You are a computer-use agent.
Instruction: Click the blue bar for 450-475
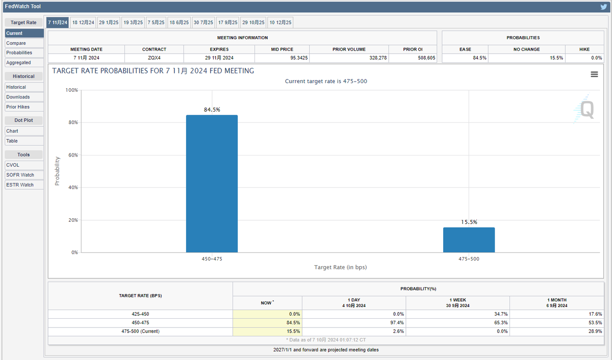coord(212,184)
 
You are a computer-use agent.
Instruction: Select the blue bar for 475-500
coord(469,240)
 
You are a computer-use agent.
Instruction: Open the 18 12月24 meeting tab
coord(83,22)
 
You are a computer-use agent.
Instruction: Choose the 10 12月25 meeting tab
coord(280,22)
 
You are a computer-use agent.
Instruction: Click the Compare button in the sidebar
coord(24,43)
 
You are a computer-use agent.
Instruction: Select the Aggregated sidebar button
coord(24,63)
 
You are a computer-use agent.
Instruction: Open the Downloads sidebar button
coord(24,97)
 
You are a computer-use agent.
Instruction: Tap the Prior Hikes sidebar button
coord(24,107)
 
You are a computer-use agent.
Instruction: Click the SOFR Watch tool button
coord(24,175)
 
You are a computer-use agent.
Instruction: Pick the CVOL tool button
coord(24,165)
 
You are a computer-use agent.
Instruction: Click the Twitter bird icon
coord(603,7)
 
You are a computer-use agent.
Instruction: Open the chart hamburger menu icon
coord(594,74)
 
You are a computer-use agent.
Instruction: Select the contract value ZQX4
coord(154,58)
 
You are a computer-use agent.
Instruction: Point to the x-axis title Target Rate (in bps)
coord(340,267)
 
